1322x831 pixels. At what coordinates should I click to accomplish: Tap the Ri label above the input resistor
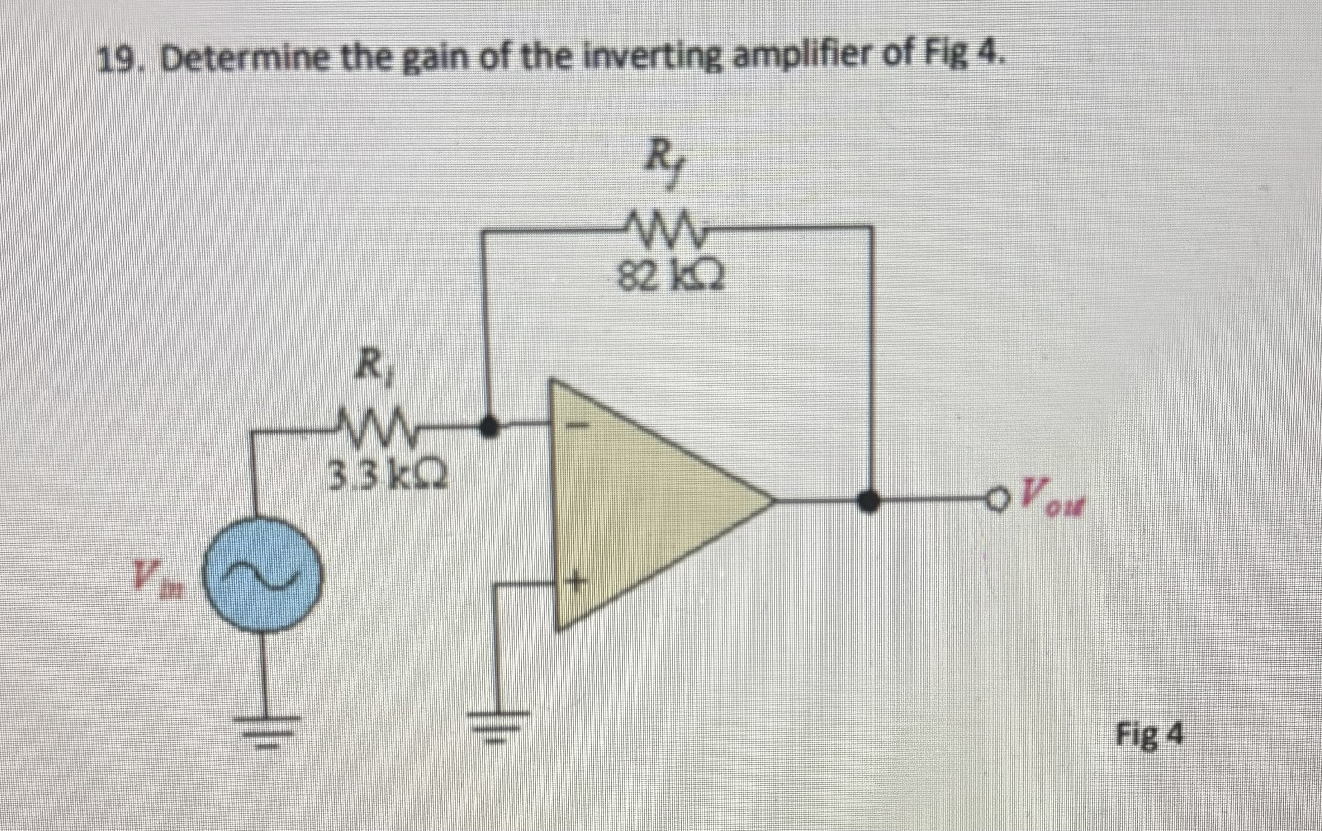point(377,370)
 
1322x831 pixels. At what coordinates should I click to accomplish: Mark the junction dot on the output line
point(869,500)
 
